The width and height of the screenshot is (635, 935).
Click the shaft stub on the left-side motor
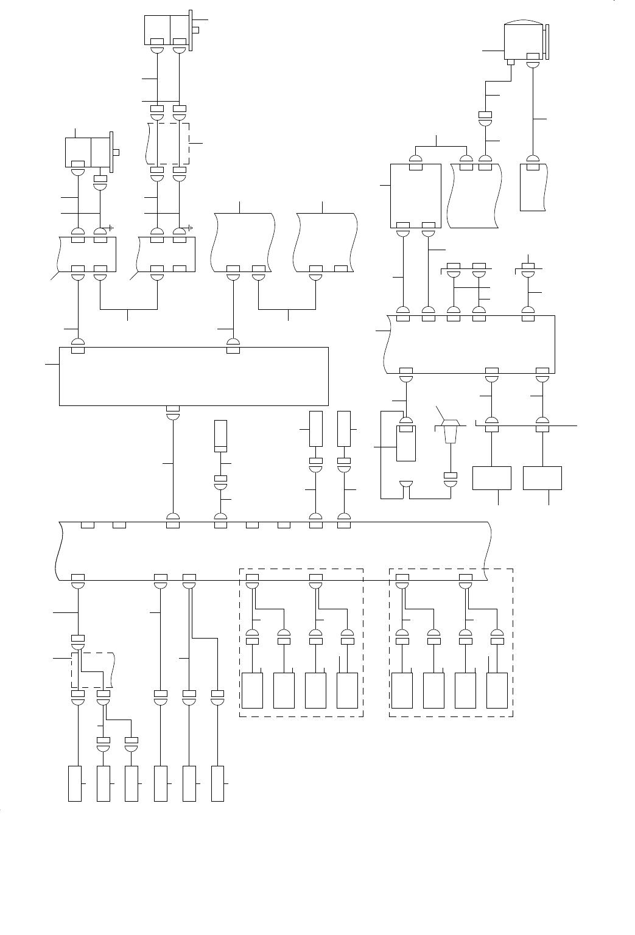[117, 152]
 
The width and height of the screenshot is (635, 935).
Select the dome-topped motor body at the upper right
[523, 41]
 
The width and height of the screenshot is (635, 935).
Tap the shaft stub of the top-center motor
[195, 29]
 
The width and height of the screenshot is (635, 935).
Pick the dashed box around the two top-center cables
[169, 144]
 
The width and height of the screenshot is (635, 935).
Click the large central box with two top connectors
[194, 376]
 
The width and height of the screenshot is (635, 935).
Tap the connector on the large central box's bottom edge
[173, 408]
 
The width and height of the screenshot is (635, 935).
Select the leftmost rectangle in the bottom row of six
[74, 784]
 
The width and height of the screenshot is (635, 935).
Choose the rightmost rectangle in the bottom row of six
[217, 784]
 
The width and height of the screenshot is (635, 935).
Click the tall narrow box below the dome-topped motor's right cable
[532, 187]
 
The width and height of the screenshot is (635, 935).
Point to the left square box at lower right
[492, 478]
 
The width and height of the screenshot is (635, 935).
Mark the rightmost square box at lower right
[542, 478]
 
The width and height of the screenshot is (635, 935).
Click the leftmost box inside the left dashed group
[253, 690]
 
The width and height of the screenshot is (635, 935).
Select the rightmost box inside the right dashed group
[497, 690]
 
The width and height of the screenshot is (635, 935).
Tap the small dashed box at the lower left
[93, 670]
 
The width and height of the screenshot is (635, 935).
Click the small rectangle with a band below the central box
[220, 435]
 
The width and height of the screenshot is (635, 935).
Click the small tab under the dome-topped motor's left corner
[511, 61]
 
